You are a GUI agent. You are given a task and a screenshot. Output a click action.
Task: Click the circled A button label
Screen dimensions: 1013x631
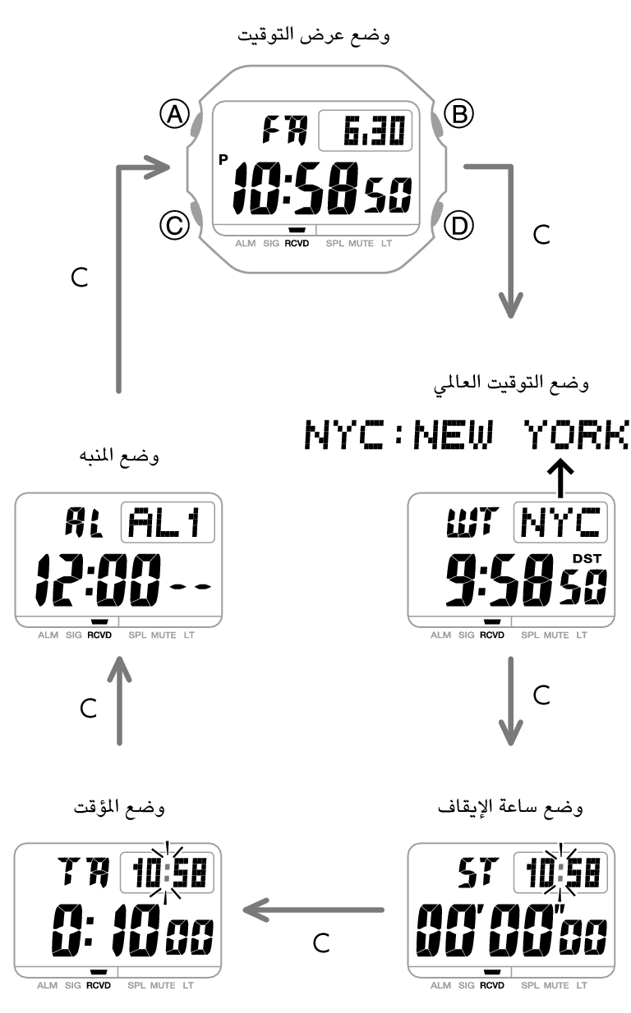coord(174,114)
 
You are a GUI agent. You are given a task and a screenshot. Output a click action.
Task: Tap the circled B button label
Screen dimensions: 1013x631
coord(458,114)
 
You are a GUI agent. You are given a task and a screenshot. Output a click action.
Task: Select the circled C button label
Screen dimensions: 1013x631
coord(174,224)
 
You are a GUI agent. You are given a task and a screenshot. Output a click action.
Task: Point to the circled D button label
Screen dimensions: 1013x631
coord(458,224)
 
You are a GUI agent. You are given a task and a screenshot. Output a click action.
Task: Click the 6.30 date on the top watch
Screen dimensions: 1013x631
coord(366,131)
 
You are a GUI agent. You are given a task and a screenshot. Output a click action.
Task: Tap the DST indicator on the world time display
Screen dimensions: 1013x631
coord(587,560)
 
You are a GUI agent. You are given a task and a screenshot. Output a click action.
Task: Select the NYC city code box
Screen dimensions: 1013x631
coord(561,522)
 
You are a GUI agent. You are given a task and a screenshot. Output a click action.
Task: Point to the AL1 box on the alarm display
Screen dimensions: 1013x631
coord(168,523)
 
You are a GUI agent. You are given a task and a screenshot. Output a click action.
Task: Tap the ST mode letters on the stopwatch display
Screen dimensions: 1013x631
coord(477,872)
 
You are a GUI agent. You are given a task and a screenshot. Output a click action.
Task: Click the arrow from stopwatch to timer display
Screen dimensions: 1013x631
coord(314,909)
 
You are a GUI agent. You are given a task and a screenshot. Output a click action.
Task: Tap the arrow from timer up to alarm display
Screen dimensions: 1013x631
coord(120,702)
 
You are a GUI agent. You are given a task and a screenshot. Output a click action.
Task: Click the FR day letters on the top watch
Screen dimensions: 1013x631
coord(283,130)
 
